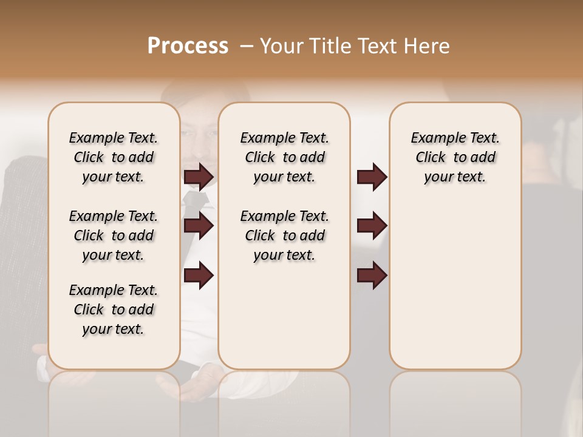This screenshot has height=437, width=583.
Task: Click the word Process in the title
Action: pos(188,46)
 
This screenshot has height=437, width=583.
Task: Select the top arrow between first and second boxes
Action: pos(199,177)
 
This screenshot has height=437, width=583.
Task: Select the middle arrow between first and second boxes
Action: pos(199,226)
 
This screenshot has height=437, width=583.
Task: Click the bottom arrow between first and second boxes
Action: pos(199,275)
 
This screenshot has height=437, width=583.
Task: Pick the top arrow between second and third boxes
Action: pos(372,177)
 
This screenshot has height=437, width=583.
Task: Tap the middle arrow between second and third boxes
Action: pos(372,226)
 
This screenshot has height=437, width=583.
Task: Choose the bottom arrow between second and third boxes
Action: pos(372,275)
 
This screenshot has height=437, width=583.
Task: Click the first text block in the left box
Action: pos(114,157)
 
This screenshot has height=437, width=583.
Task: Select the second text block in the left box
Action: pos(114,235)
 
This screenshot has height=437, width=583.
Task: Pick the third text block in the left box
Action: pos(114,310)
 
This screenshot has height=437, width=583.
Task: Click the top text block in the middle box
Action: pos(284,157)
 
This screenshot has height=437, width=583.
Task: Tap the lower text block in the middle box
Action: pos(284,235)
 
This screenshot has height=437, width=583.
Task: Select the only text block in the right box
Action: pos(455,157)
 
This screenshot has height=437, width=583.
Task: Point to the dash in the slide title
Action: pos(246,46)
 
